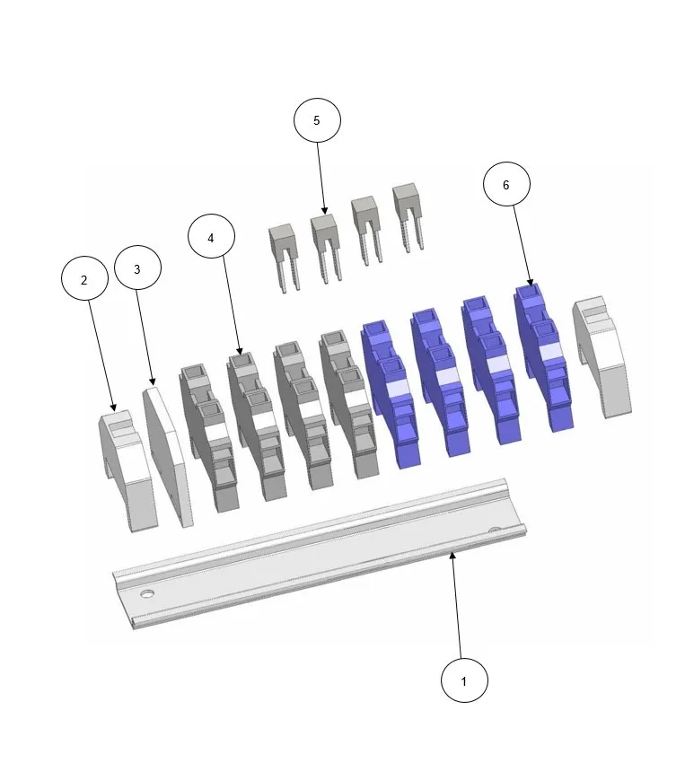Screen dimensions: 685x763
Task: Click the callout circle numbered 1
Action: click(464, 680)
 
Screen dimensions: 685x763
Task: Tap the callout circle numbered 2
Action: click(84, 279)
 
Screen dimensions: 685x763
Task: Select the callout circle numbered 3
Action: click(137, 268)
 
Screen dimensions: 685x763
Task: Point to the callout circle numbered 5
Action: click(317, 120)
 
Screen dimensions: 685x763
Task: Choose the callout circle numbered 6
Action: click(506, 184)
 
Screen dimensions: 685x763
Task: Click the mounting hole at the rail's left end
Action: click(147, 593)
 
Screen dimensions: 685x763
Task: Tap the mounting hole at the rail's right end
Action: click(495, 530)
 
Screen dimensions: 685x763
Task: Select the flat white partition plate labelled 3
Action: click(168, 457)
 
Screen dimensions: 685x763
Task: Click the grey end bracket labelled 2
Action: click(127, 470)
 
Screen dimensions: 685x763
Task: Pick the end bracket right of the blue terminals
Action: click(602, 356)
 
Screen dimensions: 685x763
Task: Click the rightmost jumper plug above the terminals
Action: click(408, 217)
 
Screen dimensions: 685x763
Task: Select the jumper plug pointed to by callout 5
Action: click(326, 248)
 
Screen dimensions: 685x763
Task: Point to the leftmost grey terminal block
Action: click(210, 437)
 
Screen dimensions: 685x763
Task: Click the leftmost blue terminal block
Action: click(391, 394)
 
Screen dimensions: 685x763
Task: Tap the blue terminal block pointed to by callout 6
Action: click(544, 357)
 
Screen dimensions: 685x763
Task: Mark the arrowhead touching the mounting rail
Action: click(453, 556)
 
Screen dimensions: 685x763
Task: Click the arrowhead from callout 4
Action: click(239, 351)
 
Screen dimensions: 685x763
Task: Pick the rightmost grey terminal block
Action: click(349, 404)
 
